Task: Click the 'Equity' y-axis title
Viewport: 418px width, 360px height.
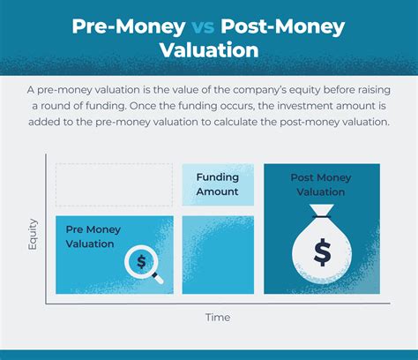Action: click(x=33, y=233)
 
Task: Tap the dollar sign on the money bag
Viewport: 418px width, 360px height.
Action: click(x=322, y=252)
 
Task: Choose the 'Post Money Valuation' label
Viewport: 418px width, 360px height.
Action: click(x=322, y=184)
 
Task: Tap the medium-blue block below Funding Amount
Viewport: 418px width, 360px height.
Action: click(x=218, y=255)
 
